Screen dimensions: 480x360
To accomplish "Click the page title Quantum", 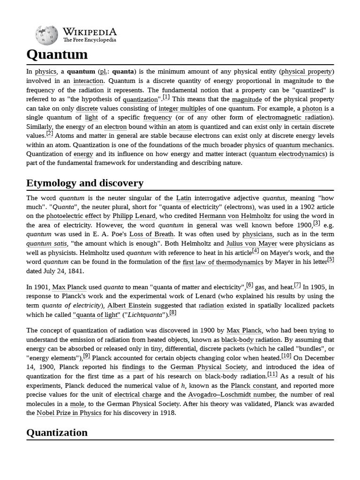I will [x=57, y=54].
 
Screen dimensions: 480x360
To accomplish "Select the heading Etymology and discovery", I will [x=85, y=183].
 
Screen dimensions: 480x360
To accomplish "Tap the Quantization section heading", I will [x=57, y=432].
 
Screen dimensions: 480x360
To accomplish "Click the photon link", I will [x=312, y=108].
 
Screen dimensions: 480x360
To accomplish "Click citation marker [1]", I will [x=166, y=97].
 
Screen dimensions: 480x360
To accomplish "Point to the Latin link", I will [x=183, y=198].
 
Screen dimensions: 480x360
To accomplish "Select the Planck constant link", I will [x=253, y=385].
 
